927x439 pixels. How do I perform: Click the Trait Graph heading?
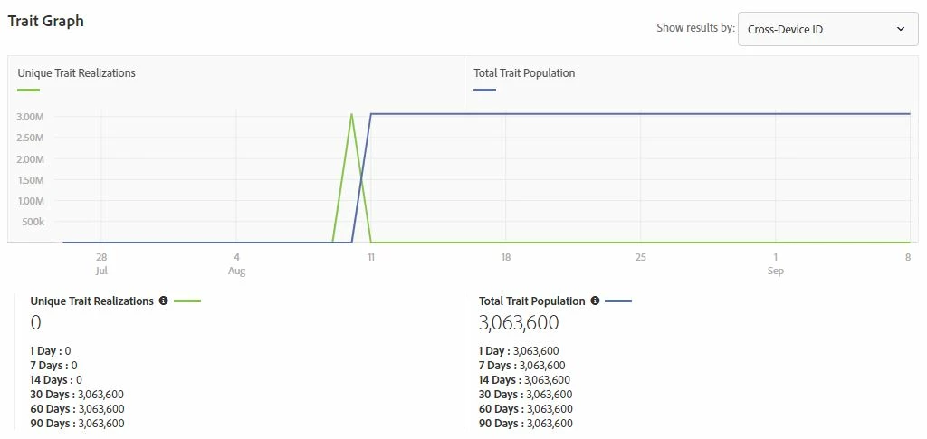45,21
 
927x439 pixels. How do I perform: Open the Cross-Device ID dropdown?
827,29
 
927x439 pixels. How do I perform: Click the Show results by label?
695,28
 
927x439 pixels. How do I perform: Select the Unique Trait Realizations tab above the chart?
76,73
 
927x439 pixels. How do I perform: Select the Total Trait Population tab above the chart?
524,73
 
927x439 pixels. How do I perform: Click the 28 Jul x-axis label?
101,264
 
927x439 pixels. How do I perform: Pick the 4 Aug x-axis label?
236,264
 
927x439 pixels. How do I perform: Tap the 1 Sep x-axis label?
776,264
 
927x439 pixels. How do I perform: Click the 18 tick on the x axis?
506,258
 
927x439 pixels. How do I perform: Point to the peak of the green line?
351,114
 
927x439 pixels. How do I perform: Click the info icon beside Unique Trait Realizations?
163,301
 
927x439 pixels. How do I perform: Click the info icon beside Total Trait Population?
594,301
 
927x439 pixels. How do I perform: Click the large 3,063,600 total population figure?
519,322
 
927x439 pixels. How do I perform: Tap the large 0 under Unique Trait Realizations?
36,322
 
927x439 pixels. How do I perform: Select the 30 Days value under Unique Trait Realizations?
100,395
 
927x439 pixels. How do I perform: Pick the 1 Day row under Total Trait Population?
519,351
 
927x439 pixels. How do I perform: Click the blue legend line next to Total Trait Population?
617,301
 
